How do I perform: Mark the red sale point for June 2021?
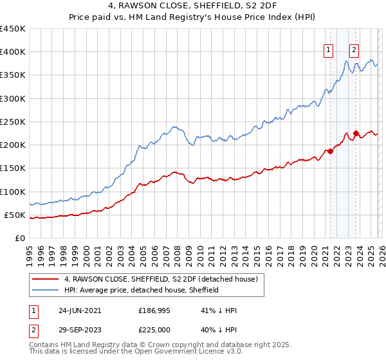(331, 152)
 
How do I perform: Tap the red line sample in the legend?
(46, 279)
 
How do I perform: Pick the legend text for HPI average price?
(142, 290)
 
